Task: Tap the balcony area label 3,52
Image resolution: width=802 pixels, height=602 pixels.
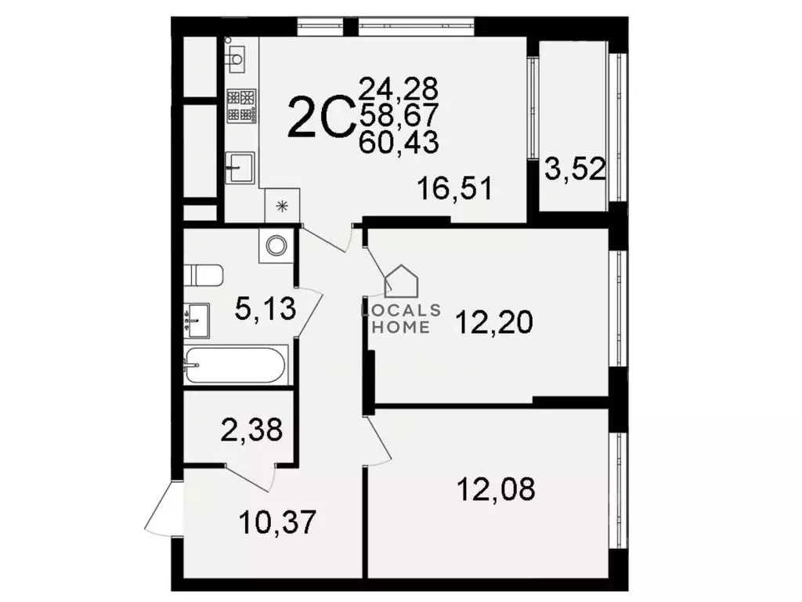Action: click(575, 169)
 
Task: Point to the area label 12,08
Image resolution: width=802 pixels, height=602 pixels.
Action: click(497, 489)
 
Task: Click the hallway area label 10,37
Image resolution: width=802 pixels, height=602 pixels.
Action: click(279, 521)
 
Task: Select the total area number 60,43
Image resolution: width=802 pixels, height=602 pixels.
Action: click(399, 143)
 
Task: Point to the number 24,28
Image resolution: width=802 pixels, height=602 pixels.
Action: click(399, 86)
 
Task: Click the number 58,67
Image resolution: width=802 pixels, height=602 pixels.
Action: click(399, 114)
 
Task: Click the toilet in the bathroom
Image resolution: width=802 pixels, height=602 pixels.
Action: click(204, 275)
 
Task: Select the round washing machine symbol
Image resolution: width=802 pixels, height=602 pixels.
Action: click(276, 245)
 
